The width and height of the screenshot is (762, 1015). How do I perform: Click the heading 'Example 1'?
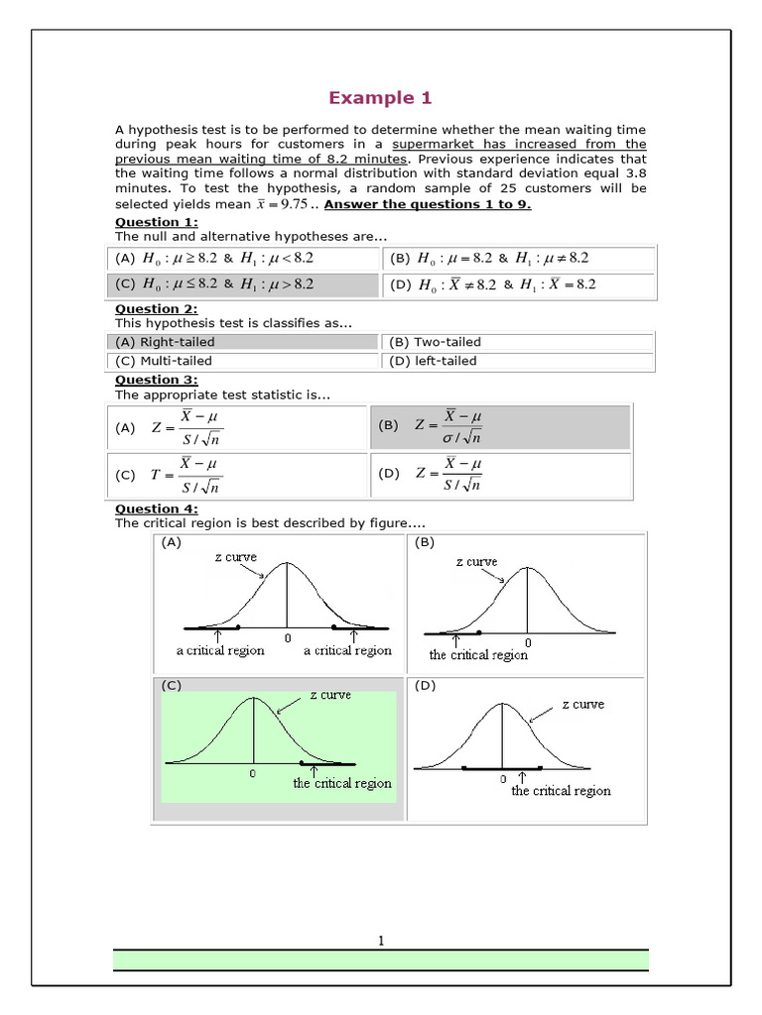380,97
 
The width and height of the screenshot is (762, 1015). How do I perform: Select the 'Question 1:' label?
157,221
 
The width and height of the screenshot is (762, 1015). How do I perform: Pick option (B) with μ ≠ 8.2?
490,258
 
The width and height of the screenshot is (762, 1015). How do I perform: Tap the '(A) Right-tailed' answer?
165,342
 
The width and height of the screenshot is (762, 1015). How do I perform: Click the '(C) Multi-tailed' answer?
164,361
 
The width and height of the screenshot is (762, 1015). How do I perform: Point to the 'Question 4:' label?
157,509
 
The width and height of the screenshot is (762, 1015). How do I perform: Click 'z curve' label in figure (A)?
235,557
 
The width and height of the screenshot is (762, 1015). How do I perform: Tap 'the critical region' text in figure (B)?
478,655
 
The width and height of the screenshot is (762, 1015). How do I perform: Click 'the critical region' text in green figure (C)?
342,783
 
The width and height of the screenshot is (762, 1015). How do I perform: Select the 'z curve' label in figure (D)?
582,704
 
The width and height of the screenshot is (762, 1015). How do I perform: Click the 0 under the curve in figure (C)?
253,773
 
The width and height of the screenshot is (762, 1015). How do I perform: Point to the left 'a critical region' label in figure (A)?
220,651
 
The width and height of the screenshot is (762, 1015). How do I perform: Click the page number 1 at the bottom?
380,941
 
